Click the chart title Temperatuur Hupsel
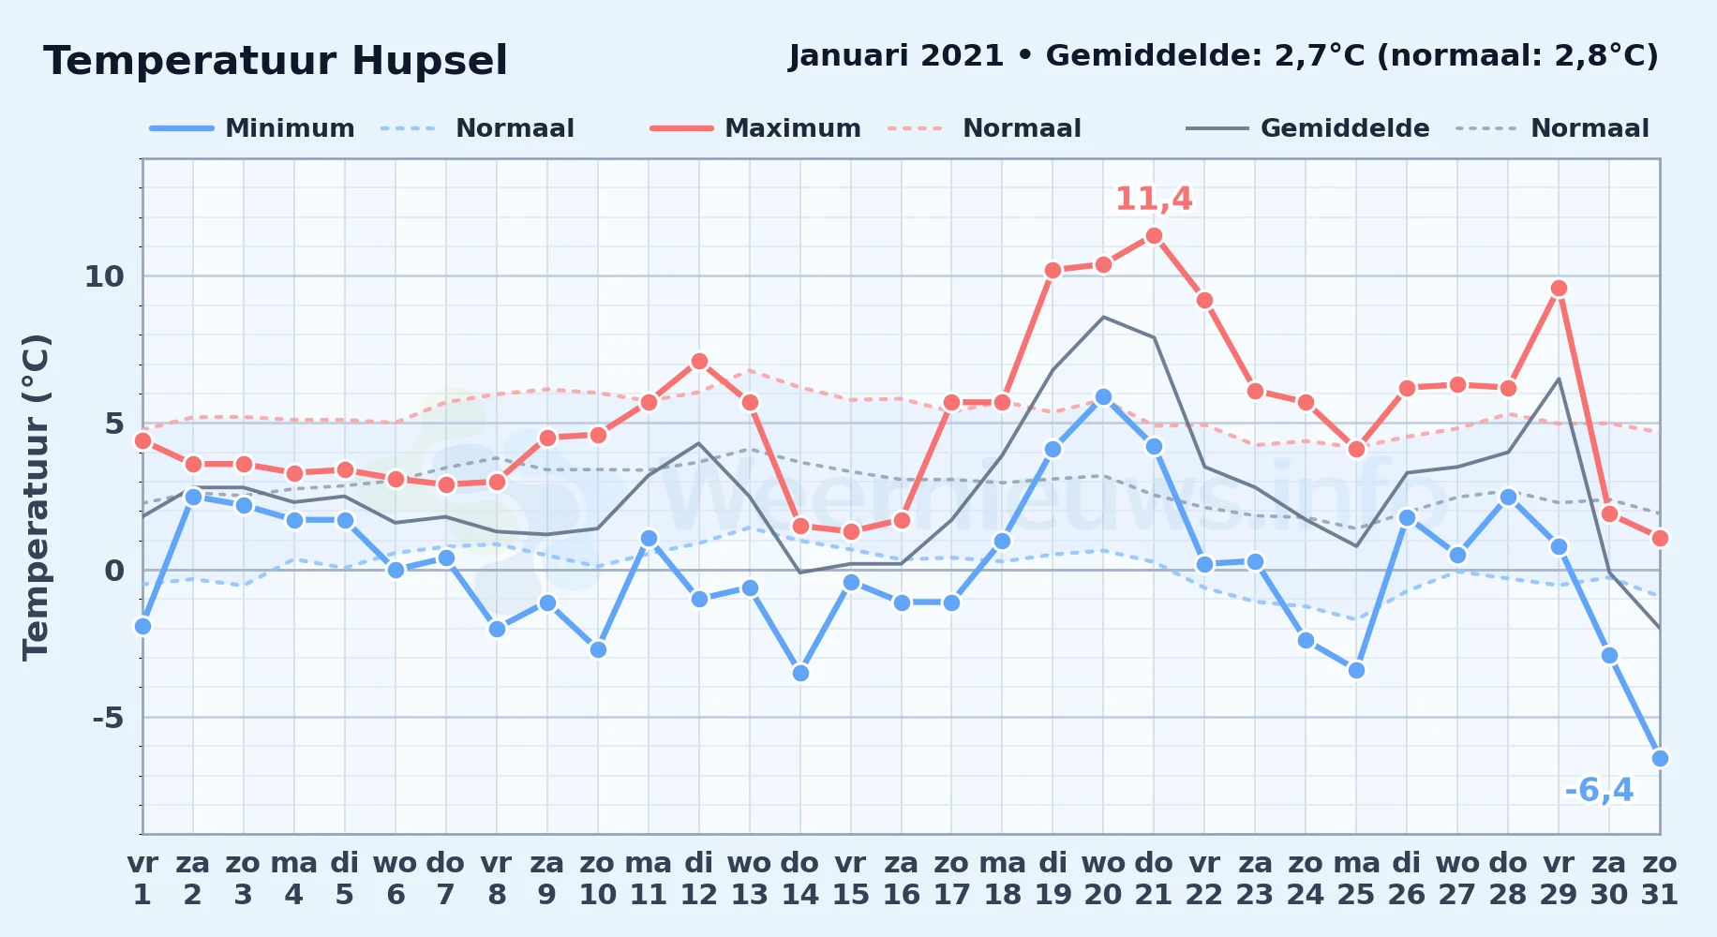click(276, 61)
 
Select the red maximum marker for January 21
click(1154, 236)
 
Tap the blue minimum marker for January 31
click(1660, 758)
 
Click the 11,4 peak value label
click(1154, 199)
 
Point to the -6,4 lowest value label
click(1599, 791)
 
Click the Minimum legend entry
click(252, 128)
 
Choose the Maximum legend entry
click(755, 128)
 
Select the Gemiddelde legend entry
click(1308, 128)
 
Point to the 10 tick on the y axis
click(104, 276)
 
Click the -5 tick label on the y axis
click(108, 718)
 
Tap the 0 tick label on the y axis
click(114, 571)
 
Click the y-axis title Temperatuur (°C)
click(36, 497)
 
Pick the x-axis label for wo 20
click(1103, 879)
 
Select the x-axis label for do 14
click(799, 879)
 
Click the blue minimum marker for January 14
click(800, 673)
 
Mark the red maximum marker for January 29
click(1559, 289)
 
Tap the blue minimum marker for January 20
click(1103, 397)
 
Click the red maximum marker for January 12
click(699, 362)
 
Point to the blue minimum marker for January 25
click(1356, 670)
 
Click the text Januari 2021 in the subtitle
click(896, 56)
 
